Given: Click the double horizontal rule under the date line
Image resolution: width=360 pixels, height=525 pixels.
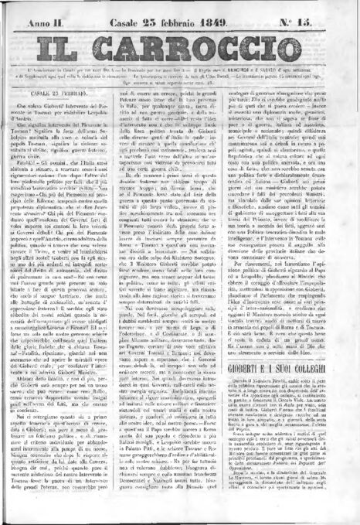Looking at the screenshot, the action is [x=182, y=24].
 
